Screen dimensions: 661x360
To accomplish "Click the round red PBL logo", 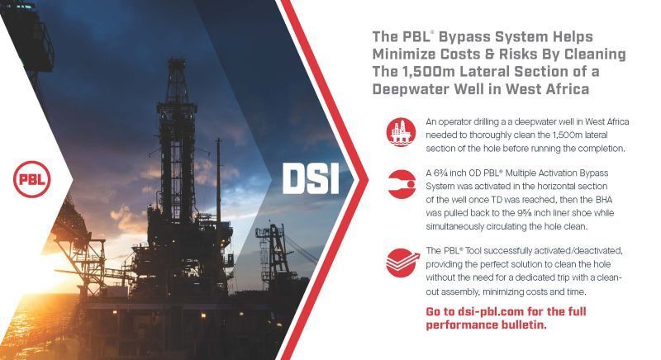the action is [x=32, y=179].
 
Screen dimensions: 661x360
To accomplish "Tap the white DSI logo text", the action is [x=311, y=178].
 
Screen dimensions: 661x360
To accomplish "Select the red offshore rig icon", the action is [x=401, y=132].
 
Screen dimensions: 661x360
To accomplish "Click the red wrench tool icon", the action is [x=401, y=184].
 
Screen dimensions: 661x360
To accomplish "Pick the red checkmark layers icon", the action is [x=402, y=263].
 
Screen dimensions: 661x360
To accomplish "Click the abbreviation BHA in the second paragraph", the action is [x=604, y=200].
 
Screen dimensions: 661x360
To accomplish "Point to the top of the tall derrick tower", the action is [x=176, y=61].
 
